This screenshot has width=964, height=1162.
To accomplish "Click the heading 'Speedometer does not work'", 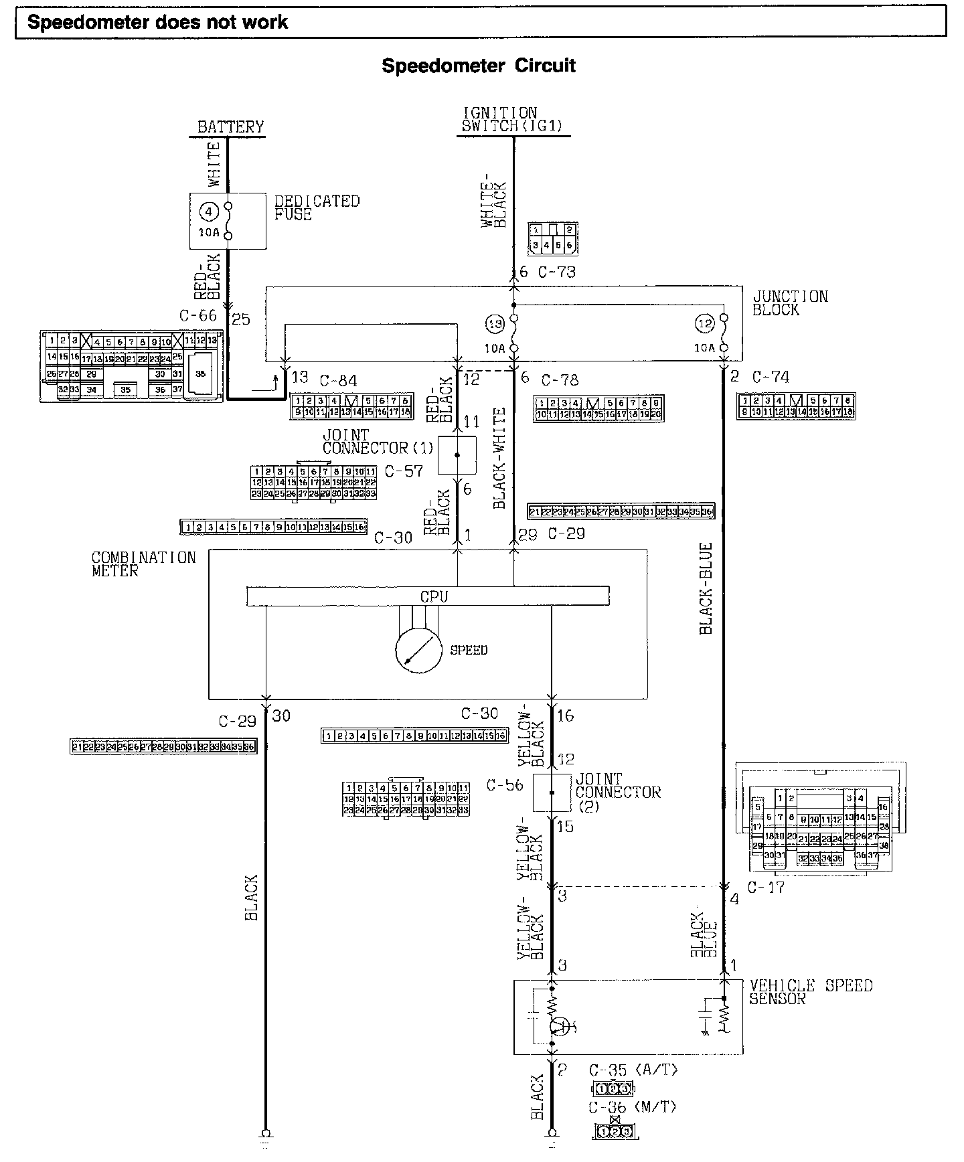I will click(x=158, y=23).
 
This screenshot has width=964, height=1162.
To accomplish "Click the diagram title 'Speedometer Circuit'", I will click(x=479, y=66).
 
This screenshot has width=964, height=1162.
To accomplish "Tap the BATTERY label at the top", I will click(x=230, y=127).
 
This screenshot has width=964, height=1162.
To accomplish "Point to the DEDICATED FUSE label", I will click(x=317, y=207).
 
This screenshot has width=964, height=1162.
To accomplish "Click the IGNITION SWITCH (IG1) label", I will click(x=512, y=119).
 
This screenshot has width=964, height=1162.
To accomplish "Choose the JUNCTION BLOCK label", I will click(x=790, y=303).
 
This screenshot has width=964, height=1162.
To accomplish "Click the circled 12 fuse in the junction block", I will click(x=705, y=324).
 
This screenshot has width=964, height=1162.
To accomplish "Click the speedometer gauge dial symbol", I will click(x=418, y=651).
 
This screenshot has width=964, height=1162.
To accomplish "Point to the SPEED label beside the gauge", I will click(x=469, y=650).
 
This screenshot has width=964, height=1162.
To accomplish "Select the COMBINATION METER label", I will click(x=143, y=564).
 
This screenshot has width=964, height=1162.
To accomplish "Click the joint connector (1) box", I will click(x=457, y=455).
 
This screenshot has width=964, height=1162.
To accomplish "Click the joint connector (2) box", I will click(x=552, y=793).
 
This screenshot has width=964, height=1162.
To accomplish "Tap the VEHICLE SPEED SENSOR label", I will click(x=811, y=992).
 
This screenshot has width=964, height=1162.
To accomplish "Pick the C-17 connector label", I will click(x=765, y=888).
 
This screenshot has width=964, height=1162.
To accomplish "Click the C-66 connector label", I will click(x=198, y=315).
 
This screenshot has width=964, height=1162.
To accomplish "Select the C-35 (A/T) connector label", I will click(x=633, y=1070).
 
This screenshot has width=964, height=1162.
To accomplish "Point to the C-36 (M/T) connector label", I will click(x=633, y=1107).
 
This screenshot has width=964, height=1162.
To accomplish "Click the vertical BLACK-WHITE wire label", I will click(x=500, y=459).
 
